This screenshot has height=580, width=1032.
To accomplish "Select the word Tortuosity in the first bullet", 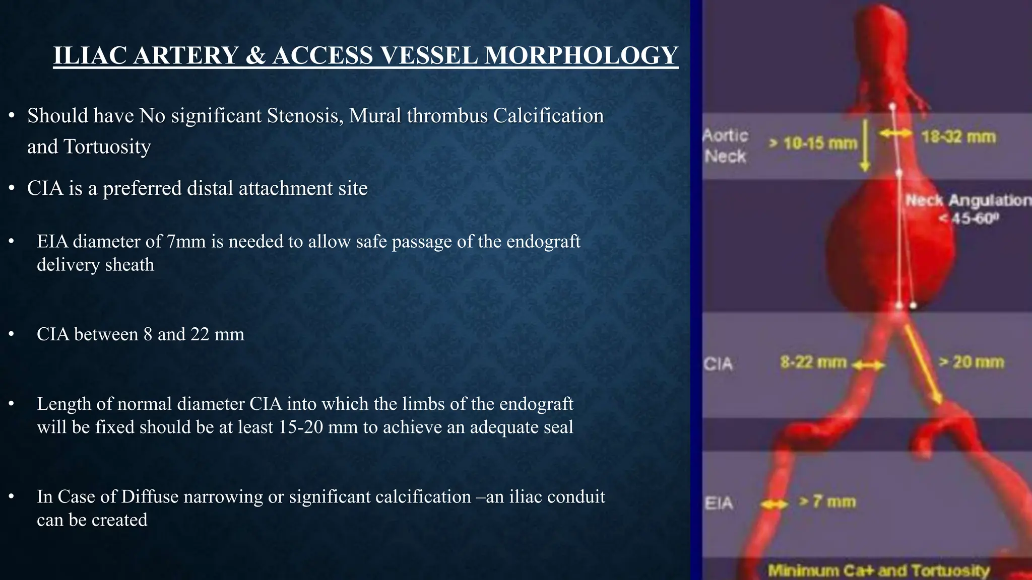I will coord(107,147).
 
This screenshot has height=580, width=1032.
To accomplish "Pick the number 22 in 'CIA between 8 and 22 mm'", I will coord(200,334).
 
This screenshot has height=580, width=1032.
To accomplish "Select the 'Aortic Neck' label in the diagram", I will coord(725,146).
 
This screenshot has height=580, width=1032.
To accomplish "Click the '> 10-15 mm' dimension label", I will coord(812,144).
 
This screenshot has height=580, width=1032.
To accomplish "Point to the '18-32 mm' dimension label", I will coord(958,137).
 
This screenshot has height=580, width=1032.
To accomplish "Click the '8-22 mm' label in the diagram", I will coord(813,362).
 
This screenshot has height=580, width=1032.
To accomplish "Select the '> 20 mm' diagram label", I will coord(971,362).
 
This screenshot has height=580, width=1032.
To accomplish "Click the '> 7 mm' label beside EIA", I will coord(827,502).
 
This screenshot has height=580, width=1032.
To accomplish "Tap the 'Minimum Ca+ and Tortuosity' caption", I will coord(878,570).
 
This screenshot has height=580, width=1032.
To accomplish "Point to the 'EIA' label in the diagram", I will coord(719,503).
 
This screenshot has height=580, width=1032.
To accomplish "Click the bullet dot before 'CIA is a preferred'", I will coord(12,189).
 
